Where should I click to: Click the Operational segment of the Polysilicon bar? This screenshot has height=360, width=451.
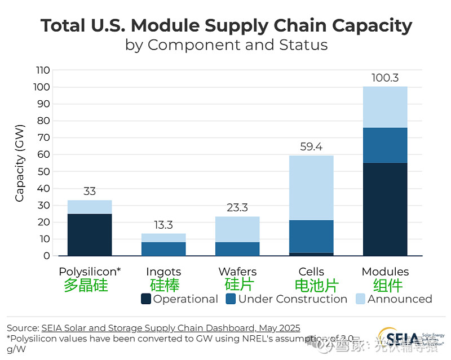tap(90, 234)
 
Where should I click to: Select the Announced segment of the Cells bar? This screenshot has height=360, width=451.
tap(311, 188)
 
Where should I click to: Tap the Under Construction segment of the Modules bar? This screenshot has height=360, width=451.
tap(385, 145)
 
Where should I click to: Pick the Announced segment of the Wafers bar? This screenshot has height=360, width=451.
tap(237, 229)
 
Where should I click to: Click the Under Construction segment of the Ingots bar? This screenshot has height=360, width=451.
tap(163, 248)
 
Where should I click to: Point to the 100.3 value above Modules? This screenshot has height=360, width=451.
tap(385, 78)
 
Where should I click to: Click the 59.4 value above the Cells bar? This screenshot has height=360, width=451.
tap(311, 147)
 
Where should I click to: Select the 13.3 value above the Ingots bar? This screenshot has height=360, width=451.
tap(163, 225)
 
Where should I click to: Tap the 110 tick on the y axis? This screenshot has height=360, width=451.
tap(42, 70)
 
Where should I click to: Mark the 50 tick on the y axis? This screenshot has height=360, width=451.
tap(45, 171)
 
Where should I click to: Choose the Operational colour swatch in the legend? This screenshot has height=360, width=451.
tap(146, 299)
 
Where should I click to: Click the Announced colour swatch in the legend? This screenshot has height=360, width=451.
tap(360, 299)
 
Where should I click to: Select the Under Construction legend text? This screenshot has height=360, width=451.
tap(293, 299)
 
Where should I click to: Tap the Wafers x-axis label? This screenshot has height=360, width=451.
tap(237, 272)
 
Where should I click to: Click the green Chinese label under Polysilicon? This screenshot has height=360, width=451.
tap(86, 285)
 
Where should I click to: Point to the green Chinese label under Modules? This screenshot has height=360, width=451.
tap(385, 285)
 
